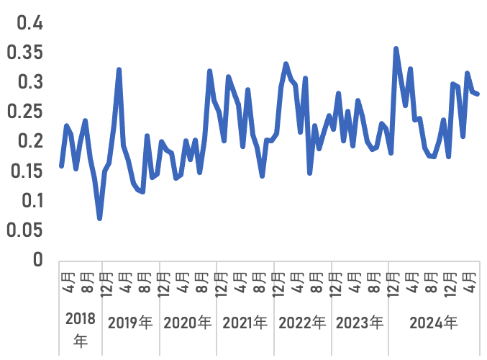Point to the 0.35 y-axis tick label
[x=25, y=53]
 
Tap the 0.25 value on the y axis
[x=25, y=112]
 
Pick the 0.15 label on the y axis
[x=25, y=171]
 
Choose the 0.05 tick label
[x=25, y=230]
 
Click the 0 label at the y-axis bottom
[x=37, y=259]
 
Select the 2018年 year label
[x=80, y=330]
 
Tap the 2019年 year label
[x=129, y=322]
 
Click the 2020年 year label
[x=188, y=322]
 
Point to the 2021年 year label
[x=245, y=322]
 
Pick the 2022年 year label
[x=302, y=322]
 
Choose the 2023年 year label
[x=360, y=322]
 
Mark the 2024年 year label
[x=433, y=322]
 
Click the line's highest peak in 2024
[x=396, y=48]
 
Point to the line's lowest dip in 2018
[x=99, y=218]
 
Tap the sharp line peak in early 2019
[x=119, y=70]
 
